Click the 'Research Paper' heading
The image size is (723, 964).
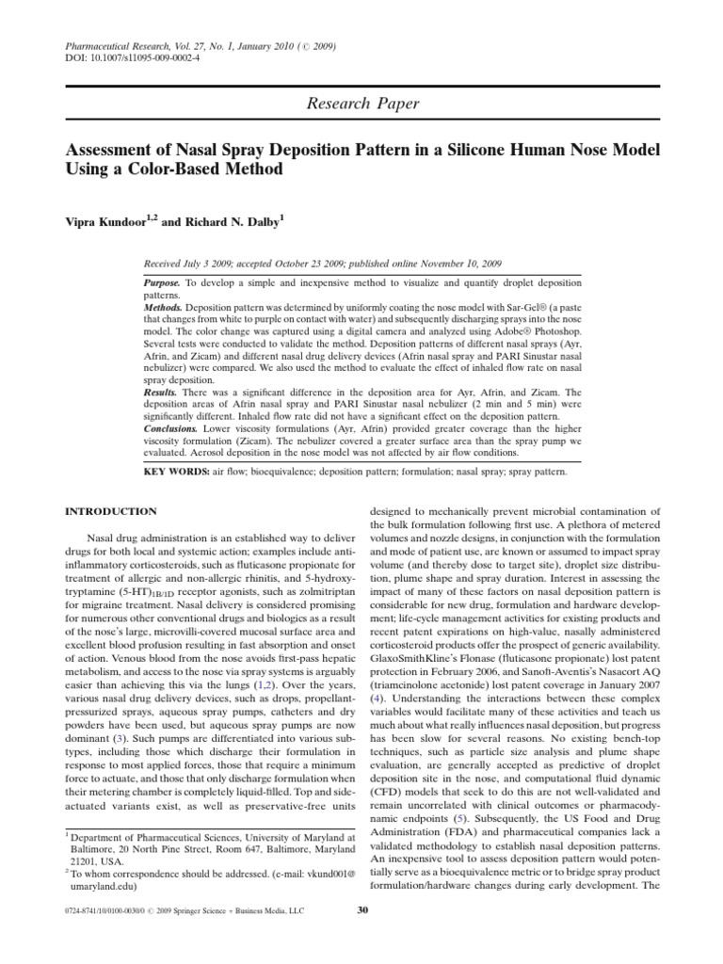(x=361, y=104)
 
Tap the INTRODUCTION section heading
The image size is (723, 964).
(x=110, y=511)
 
